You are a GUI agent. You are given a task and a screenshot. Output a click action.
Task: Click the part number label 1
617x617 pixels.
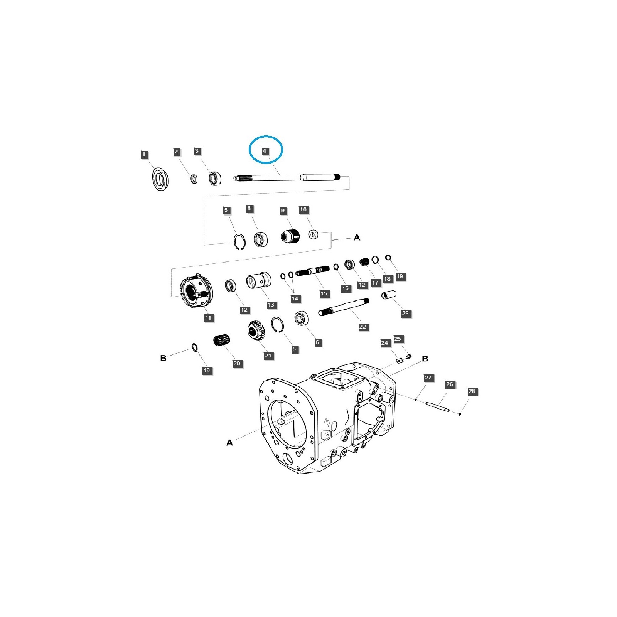click(x=144, y=155)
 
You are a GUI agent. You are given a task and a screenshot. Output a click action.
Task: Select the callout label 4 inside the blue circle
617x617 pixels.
click(x=265, y=151)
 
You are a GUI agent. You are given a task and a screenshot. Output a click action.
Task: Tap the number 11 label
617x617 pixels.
click(x=209, y=318)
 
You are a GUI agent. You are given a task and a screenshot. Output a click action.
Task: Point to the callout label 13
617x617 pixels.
click(x=271, y=305)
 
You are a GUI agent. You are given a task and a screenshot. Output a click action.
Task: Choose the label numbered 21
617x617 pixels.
click(x=268, y=356)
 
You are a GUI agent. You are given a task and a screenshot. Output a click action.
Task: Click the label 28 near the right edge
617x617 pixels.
click(x=472, y=391)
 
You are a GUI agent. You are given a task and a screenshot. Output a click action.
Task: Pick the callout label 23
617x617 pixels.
click(x=405, y=313)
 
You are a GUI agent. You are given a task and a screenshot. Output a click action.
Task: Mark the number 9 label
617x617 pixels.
click(x=283, y=211)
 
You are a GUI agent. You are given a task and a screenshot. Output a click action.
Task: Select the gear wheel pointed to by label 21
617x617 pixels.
click(x=256, y=330)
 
